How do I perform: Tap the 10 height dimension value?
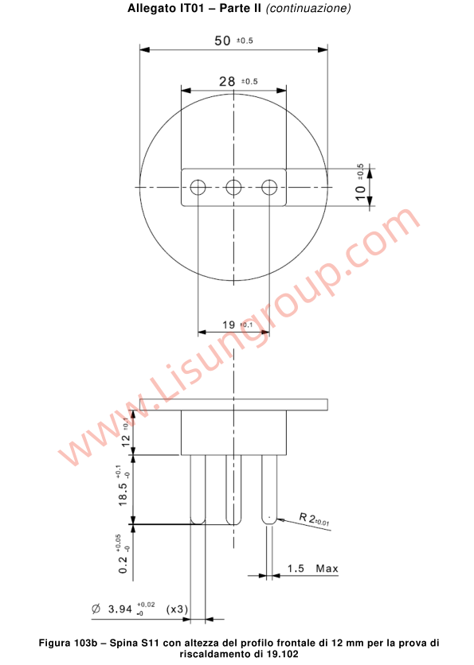[x=361, y=191]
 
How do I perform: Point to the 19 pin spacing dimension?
[x=229, y=325]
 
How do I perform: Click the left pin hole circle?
[x=198, y=187]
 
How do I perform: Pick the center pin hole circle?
[x=234, y=187]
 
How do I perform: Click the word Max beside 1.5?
[x=327, y=569]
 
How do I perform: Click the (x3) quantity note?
[x=177, y=609]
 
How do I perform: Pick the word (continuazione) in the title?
[x=308, y=10]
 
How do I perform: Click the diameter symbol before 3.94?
[x=96, y=609]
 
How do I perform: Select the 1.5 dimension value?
[x=296, y=569]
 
